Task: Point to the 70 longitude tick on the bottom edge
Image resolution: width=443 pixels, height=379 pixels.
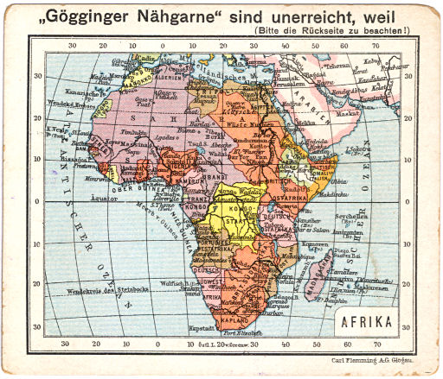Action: tap(380, 342)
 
